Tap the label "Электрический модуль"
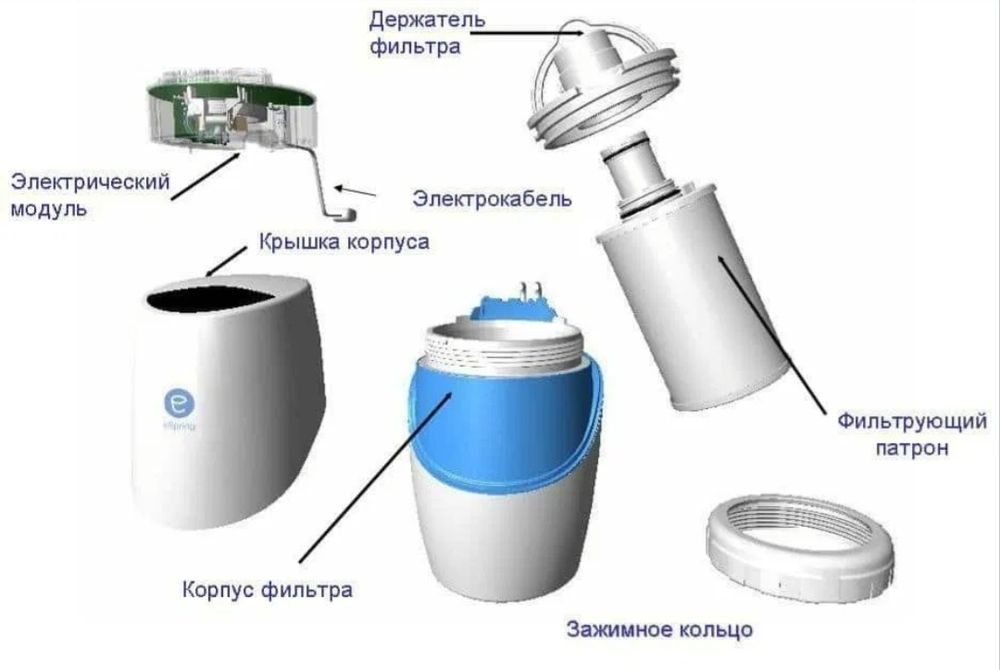pos(88,195)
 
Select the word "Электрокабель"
pos(492,199)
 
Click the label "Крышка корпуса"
pos(345,242)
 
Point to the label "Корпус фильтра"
pos(267,589)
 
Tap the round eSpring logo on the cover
pos(179,404)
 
